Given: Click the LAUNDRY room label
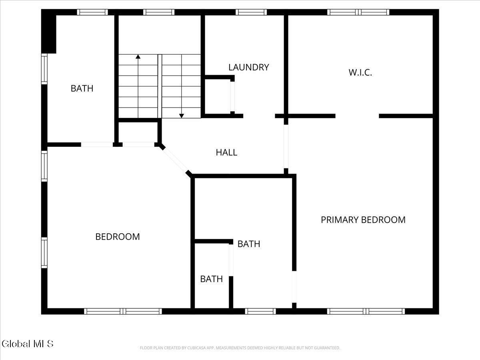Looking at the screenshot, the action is point(249,67).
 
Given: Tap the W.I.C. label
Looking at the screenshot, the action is point(360,72).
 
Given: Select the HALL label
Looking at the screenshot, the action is point(226,152).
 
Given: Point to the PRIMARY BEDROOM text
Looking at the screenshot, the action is point(363,220).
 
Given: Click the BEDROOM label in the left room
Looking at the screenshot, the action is point(118,237).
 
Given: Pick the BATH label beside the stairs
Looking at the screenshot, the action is point(82,88).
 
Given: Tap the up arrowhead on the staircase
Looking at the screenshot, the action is point(138,57).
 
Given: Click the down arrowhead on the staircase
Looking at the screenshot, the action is point(182,116).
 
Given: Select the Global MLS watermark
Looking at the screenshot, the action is point(28,344).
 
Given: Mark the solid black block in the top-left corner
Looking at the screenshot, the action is point(49,31).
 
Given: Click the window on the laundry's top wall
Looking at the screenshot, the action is point(251,12).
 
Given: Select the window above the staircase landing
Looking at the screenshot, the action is point(159,12).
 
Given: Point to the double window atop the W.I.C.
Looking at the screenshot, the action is point(358,12).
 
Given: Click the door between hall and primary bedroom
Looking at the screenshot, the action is point(286,146).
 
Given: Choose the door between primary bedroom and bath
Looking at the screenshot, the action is point(294,287).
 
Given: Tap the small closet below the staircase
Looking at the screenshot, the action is point(138,132).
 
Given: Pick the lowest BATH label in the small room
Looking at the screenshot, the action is point(212,279).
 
